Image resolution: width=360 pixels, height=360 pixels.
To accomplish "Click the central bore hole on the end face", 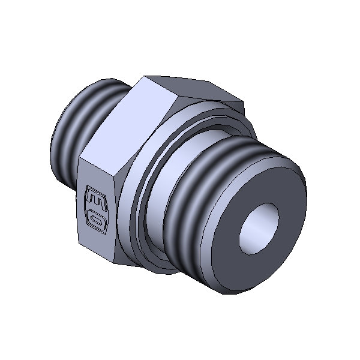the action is (259, 229).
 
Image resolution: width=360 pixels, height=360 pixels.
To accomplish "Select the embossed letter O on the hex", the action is (96, 221).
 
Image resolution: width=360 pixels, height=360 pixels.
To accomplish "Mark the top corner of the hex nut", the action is (144, 76).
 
